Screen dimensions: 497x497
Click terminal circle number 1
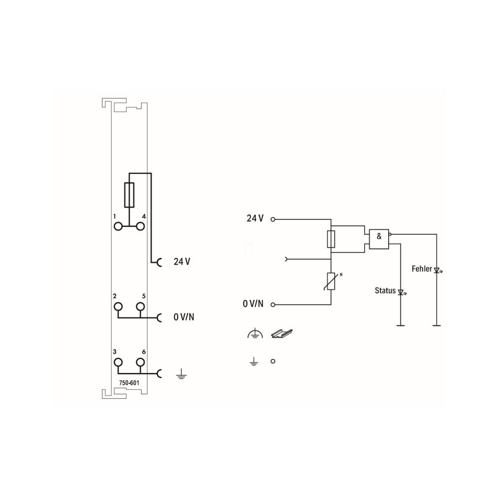(118, 226)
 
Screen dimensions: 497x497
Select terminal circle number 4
(140, 226)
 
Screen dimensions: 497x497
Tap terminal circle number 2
(118, 307)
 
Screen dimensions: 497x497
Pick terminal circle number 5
(140, 307)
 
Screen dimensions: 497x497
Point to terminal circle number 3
(118, 362)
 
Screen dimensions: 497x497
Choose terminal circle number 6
(140, 362)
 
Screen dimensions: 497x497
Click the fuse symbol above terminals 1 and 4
(129, 195)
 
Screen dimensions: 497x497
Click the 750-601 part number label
(129, 383)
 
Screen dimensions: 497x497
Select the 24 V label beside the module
(182, 261)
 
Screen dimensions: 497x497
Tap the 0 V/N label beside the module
(184, 317)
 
